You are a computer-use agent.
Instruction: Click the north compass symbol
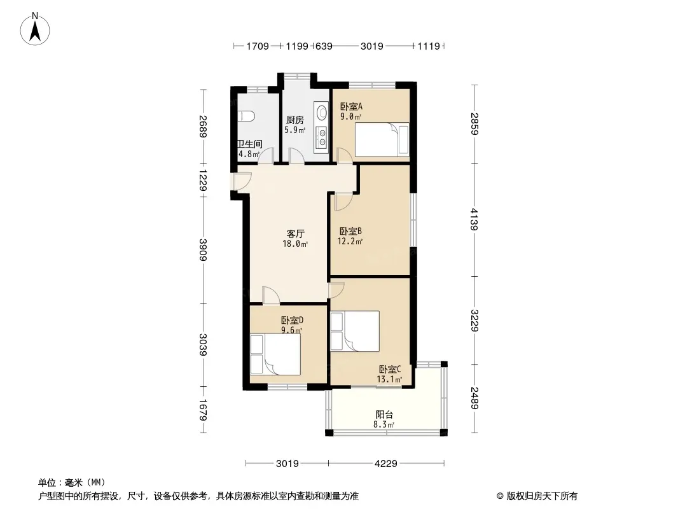tap(36, 28)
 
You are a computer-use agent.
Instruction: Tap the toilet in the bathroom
tap(246, 116)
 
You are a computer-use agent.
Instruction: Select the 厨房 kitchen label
tap(295, 120)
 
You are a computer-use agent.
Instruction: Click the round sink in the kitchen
tap(322, 113)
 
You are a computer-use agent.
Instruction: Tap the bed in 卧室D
tap(275, 355)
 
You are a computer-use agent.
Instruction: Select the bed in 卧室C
tap(355, 331)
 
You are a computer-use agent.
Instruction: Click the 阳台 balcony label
tap(384, 414)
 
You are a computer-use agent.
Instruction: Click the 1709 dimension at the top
tap(258, 46)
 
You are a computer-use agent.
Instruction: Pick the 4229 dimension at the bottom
tap(385, 464)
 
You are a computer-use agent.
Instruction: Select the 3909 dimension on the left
tap(203, 249)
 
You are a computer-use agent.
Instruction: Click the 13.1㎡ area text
tap(390, 379)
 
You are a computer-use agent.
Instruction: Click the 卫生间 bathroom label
tap(249, 144)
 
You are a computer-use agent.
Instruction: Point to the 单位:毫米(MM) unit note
tap(71, 482)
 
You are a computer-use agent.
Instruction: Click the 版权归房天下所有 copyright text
tap(537, 496)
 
